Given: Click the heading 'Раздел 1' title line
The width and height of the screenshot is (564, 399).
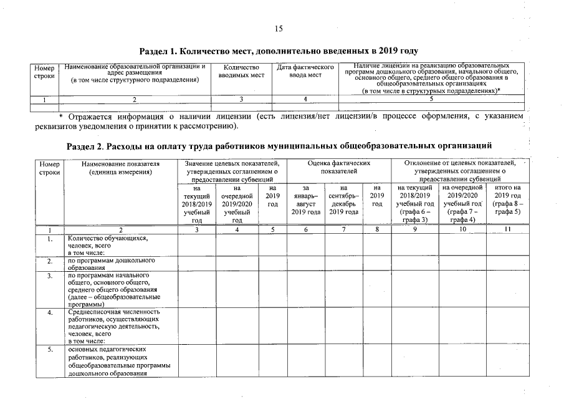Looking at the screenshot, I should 278,50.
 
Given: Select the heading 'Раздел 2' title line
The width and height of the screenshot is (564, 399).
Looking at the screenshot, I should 279,145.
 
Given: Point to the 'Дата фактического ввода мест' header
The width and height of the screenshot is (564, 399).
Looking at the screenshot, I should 305,71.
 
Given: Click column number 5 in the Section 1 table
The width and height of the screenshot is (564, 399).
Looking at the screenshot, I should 431,99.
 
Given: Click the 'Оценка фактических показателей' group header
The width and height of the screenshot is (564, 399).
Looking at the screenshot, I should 338,166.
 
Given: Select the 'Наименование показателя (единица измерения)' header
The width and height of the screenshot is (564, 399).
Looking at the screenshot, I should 120,167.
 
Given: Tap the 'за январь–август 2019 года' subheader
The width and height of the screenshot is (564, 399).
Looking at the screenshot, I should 305,199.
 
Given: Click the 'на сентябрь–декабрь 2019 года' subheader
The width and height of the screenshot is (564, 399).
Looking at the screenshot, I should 343,199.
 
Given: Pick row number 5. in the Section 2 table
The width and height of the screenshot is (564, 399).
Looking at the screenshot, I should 49,350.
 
